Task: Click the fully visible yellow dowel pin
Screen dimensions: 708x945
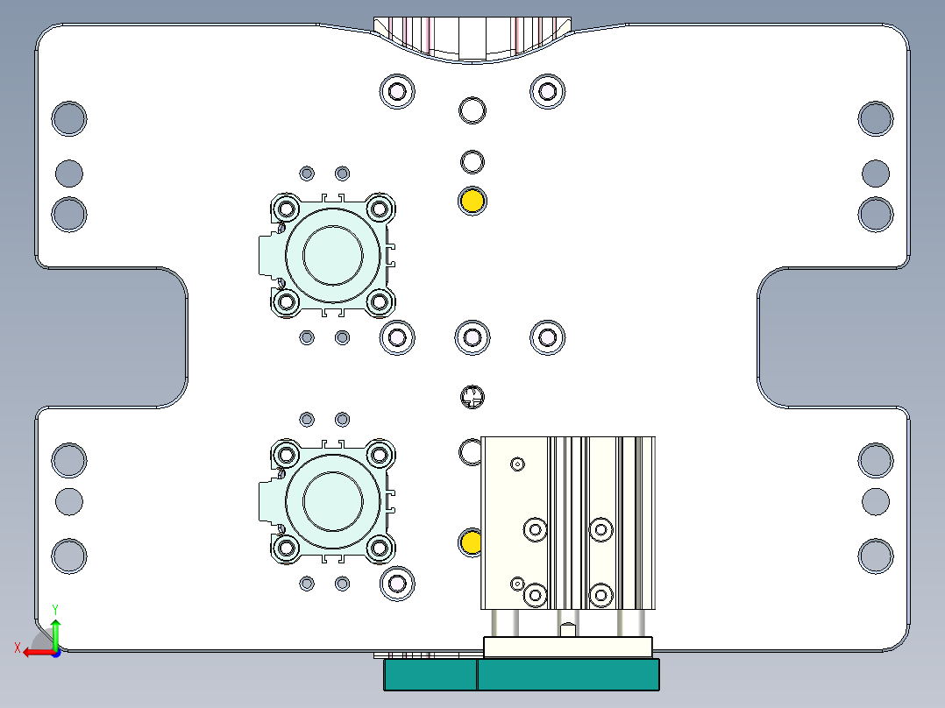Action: tap(472, 201)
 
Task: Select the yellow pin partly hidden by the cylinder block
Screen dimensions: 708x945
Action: tap(470, 542)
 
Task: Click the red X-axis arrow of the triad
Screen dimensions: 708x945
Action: tap(32, 652)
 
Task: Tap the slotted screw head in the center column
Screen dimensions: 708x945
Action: tap(472, 398)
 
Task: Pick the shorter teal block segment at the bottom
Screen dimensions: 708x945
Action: tap(430, 675)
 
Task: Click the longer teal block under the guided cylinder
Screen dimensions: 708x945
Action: tap(567, 675)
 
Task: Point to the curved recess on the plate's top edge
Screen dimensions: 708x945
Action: tap(472, 40)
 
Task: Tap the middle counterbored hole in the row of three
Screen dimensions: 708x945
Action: tap(472, 336)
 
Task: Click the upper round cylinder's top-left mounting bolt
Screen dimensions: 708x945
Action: tap(286, 209)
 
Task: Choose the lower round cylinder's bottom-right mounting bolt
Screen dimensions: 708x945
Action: tap(379, 549)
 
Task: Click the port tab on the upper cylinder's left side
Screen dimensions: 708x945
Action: tap(266, 255)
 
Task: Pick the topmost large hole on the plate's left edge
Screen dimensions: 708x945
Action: tap(69, 118)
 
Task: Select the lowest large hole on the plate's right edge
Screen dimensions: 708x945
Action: tap(875, 556)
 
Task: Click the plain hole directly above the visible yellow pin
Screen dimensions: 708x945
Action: tap(472, 161)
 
